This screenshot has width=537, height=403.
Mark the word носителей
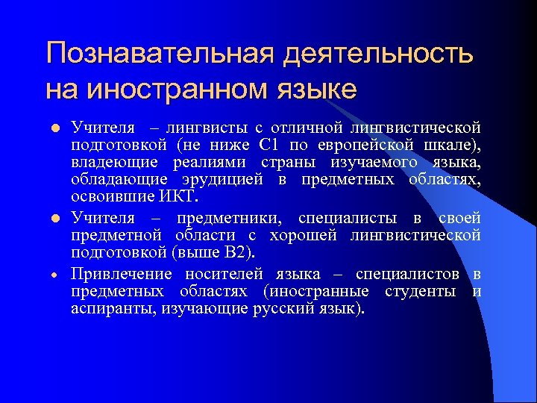point(231,275)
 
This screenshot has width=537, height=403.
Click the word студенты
point(421,290)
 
